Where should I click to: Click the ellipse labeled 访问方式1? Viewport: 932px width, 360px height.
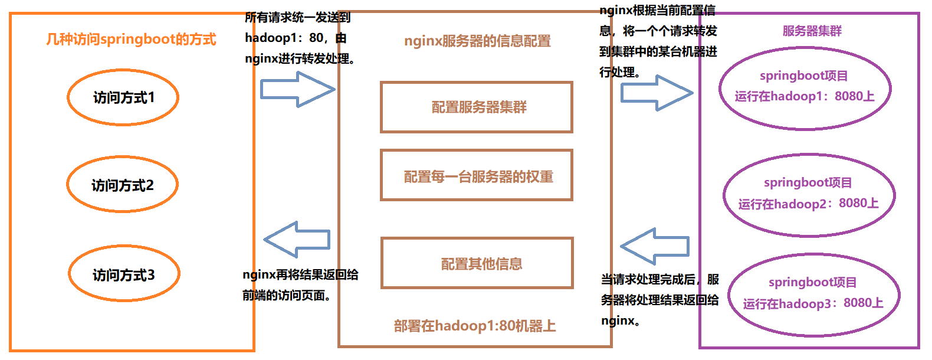[123, 97]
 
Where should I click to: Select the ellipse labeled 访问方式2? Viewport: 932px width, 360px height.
[122, 185]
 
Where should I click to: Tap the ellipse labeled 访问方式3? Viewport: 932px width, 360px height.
[124, 274]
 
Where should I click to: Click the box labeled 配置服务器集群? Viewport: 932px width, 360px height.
[477, 107]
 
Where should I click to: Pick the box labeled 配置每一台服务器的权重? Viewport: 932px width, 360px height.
[477, 176]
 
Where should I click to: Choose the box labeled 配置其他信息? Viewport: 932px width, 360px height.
[477, 263]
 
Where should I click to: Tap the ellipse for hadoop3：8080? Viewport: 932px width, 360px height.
[813, 294]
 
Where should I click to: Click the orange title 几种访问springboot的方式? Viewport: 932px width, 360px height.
[131, 40]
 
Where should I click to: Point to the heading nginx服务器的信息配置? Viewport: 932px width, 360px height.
[477, 41]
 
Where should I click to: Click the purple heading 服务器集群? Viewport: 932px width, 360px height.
[812, 31]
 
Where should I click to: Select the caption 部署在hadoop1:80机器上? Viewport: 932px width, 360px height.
[475, 326]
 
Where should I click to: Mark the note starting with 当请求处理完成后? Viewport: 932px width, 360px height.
[659, 300]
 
